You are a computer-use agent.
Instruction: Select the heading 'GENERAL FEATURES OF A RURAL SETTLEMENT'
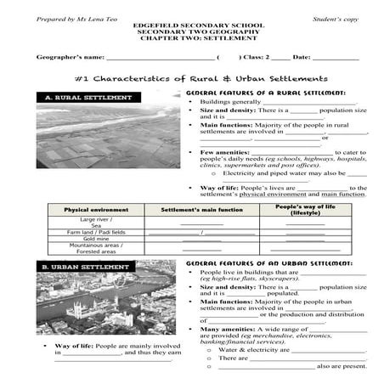pos(270,91)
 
